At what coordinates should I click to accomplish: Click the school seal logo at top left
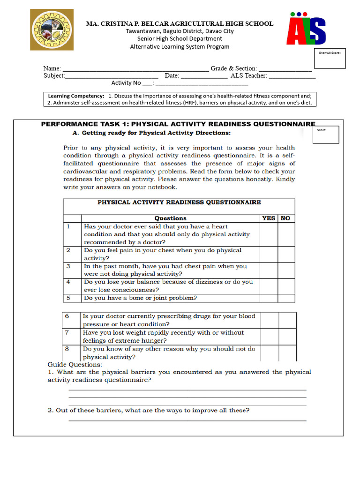click(x=52, y=29)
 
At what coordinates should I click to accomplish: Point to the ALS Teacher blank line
click(x=292, y=77)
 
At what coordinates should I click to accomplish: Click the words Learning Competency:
click(x=76, y=96)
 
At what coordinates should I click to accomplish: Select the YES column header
click(x=269, y=218)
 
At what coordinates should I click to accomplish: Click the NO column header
click(x=285, y=218)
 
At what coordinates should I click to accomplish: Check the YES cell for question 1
click(x=269, y=234)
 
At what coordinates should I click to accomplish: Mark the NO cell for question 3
click(x=286, y=270)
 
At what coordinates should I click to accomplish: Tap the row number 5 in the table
click(x=68, y=298)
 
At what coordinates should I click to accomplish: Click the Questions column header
click(x=171, y=218)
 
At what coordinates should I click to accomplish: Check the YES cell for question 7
click(x=270, y=337)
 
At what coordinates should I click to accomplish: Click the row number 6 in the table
click(x=67, y=316)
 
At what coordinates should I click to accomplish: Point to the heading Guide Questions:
click(x=75, y=364)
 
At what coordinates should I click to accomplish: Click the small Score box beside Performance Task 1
click(x=327, y=135)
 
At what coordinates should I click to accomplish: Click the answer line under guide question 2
click(x=187, y=420)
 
